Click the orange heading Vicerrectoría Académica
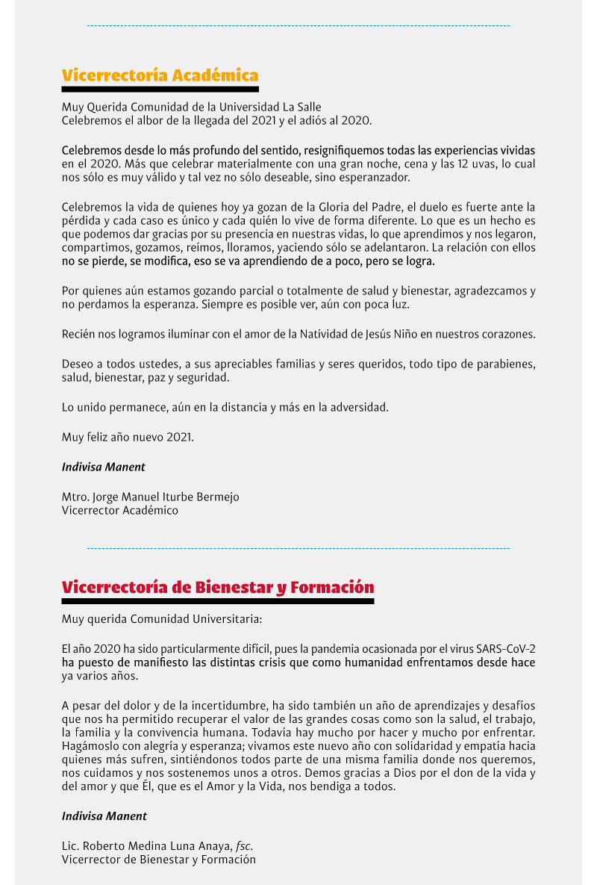tap(160, 75)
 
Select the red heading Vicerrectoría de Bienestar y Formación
tap(217, 587)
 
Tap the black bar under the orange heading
tap(160, 90)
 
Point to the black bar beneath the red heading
tap(217, 600)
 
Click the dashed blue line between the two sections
tap(298, 549)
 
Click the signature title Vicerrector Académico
tap(120, 511)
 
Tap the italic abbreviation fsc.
tap(245, 845)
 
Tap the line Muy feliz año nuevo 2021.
tap(128, 437)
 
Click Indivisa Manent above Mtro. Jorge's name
tap(104, 467)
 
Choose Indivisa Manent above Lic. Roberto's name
tap(104, 816)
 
